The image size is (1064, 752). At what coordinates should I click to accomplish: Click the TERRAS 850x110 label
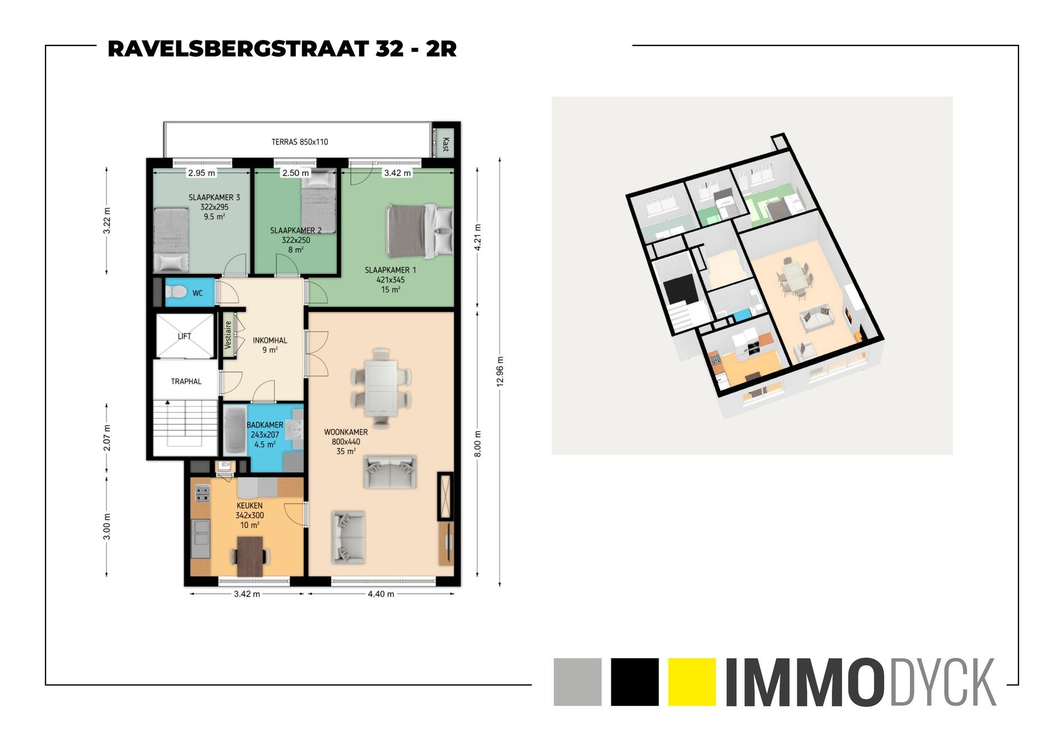tap(299, 142)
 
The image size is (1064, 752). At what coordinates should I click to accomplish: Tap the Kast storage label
tap(445, 144)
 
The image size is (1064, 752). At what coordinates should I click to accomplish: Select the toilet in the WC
tap(177, 291)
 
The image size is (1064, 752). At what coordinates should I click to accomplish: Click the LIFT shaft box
tap(185, 336)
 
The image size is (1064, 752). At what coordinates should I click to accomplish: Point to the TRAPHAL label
tap(186, 381)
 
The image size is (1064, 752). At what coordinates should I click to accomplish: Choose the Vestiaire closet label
tap(228, 335)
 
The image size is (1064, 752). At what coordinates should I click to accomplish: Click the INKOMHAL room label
tap(270, 340)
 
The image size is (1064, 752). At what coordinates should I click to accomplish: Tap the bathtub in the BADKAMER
tap(235, 430)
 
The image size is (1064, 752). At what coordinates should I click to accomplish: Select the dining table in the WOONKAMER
tap(381, 388)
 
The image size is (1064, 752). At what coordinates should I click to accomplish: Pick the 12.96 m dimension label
tap(500, 371)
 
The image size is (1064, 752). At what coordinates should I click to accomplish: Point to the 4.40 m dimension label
tap(381, 594)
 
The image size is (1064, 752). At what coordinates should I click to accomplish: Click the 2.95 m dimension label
tap(201, 173)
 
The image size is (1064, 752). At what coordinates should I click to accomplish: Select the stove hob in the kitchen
tap(202, 493)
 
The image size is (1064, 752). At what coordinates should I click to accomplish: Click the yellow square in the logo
tap(692, 682)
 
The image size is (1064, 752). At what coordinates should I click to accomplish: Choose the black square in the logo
tap(635, 682)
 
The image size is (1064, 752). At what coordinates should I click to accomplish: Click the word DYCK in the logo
tap(943, 682)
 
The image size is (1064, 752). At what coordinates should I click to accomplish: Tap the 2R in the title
tap(441, 49)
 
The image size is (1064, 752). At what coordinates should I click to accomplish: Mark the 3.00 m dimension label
tap(107, 526)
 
